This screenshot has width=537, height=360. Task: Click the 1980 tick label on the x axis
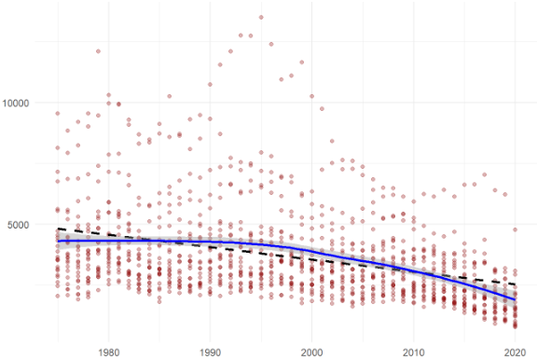(x=108, y=352)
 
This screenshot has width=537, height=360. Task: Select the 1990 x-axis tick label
(x=210, y=352)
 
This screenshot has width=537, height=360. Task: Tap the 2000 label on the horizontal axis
(x=311, y=352)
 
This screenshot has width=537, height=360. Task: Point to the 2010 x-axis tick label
(x=413, y=352)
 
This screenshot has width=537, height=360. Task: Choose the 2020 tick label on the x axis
(x=515, y=352)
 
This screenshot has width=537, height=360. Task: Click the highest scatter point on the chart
(x=261, y=17)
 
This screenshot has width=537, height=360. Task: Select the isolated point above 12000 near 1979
(x=98, y=51)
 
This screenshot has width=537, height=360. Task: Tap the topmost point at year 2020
(x=515, y=229)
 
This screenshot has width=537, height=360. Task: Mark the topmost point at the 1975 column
(x=57, y=114)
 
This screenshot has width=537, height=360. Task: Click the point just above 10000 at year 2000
(x=311, y=96)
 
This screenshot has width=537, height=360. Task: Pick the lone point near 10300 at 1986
(x=170, y=96)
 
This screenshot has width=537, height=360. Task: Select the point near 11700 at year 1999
(x=301, y=62)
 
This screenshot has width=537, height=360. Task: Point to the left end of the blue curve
(x=57, y=241)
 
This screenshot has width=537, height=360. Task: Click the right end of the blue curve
(x=515, y=299)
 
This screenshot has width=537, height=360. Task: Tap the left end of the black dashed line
(x=57, y=228)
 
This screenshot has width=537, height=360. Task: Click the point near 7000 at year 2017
(x=484, y=174)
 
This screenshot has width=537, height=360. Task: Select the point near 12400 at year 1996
(x=271, y=44)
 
